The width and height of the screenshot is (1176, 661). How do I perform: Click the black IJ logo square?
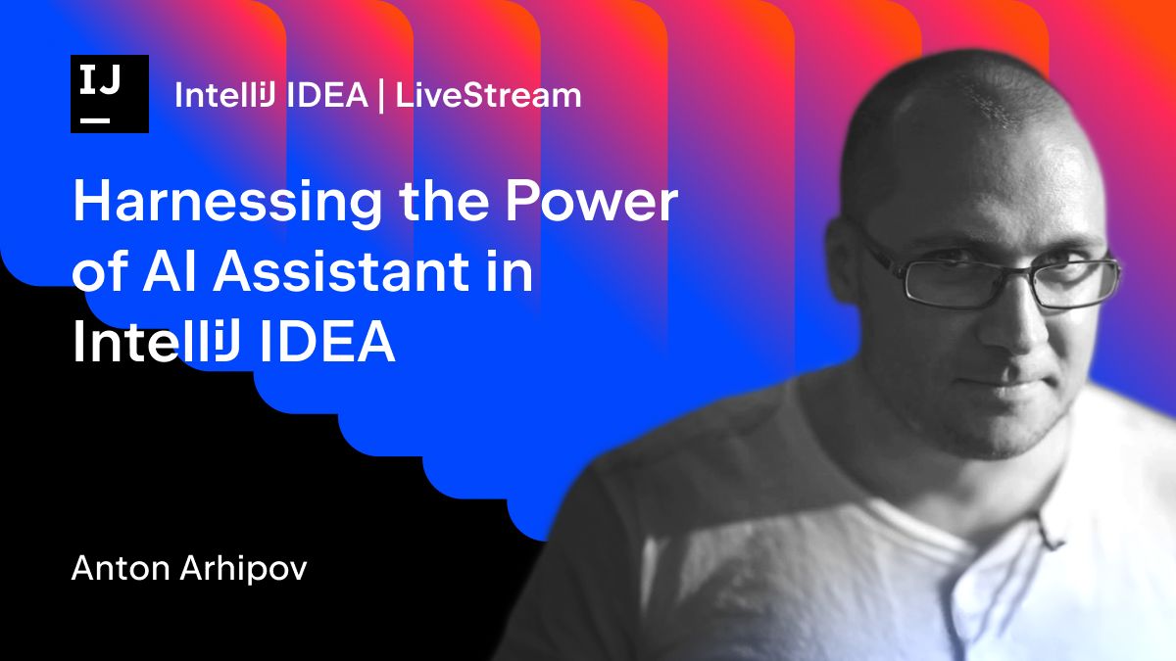110,94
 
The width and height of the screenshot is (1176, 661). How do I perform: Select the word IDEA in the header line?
328,95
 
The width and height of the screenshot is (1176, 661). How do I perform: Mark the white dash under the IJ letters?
95,119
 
